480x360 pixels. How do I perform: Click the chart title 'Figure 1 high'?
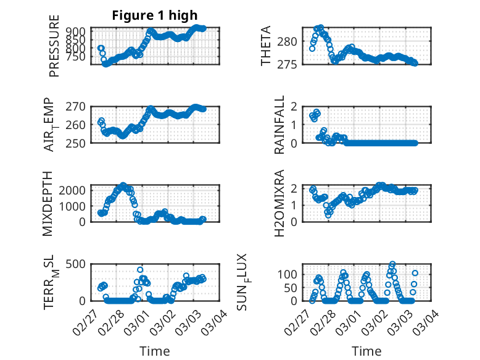[155, 15]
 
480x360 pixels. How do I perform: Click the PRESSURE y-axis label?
[54, 50]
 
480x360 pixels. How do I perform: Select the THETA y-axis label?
[266, 46]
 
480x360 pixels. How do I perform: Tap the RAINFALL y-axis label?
[279, 124]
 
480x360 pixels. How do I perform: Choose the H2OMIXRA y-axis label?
[279, 203]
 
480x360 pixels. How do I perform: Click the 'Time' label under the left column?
[155, 351]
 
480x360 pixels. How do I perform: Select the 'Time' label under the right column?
[366, 351]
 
